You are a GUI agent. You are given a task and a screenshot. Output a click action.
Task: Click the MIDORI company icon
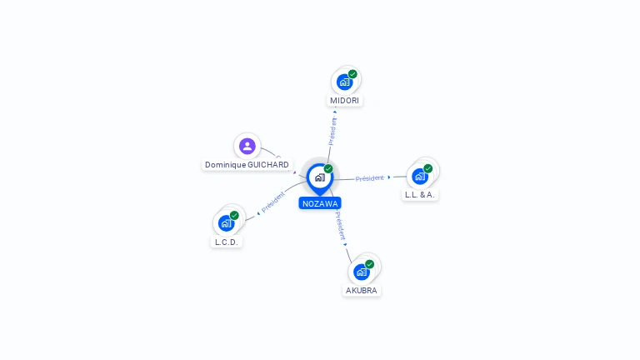pyautogui.click(x=344, y=82)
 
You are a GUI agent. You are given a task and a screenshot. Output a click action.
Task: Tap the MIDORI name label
pyautogui.click(x=344, y=100)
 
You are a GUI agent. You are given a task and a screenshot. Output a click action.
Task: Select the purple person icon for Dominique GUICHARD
pyautogui.click(x=247, y=146)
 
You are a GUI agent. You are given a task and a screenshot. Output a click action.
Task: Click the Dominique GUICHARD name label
pyautogui.click(x=247, y=164)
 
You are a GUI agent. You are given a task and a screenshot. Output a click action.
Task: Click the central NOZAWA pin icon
pyautogui.click(x=320, y=179)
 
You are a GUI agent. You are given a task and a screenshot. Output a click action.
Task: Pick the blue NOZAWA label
pyautogui.click(x=320, y=203)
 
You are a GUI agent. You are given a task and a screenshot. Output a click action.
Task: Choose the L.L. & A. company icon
pyautogui.click(x=420, y=177)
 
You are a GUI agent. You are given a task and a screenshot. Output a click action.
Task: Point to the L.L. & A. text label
pyautogui.click(x=420, y=195)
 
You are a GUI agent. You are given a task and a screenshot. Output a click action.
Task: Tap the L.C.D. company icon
pyautogui.click(x=226, y=223)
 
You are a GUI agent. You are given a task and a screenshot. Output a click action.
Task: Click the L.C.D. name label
pyautogui.click(x=226, y=242)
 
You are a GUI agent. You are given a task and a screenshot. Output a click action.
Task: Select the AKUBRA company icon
pyautogui.click(x=362, y=272)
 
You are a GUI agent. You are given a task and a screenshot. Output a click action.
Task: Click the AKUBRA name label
pyautogui.click(x=361, y=290)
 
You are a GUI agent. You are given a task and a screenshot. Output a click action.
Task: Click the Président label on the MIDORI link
pyautogui.click(x=333, y=131)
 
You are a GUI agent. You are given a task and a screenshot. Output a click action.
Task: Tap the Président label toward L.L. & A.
pyautogui.click(x=369, y=178)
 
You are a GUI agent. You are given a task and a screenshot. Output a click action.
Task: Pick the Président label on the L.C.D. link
pyautogui.click(x=272, y=202)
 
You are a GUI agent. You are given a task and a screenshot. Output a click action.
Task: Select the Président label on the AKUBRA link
pyautogui.click(x=340, y=226)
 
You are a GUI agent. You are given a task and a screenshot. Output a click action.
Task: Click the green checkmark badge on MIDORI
pyautogui.click(x=352, y=74)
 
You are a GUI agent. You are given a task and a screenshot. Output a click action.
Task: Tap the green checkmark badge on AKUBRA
pyautogui.click(x=370, y=264)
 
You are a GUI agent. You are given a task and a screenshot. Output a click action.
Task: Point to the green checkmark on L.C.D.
pyautogui.click(x=234, y=215)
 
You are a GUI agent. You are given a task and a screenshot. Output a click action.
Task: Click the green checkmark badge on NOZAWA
pyautogui.click(x=328, y=168)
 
